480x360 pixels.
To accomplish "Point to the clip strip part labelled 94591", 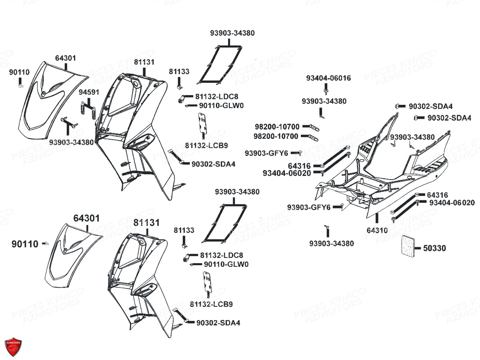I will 87,109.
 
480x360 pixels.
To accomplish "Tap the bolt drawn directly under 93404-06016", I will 326,87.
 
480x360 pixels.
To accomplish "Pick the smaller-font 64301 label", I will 66,58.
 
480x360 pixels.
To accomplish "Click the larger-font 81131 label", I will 146,222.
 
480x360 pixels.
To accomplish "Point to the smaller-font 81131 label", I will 144,62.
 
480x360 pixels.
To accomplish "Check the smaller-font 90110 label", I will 19,72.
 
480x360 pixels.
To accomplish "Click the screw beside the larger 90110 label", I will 47,244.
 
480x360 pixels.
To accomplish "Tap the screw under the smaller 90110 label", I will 20,85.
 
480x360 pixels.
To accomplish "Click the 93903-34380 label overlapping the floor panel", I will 412,137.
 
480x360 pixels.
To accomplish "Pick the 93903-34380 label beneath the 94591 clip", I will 72,142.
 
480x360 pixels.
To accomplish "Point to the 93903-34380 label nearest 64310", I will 332,243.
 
